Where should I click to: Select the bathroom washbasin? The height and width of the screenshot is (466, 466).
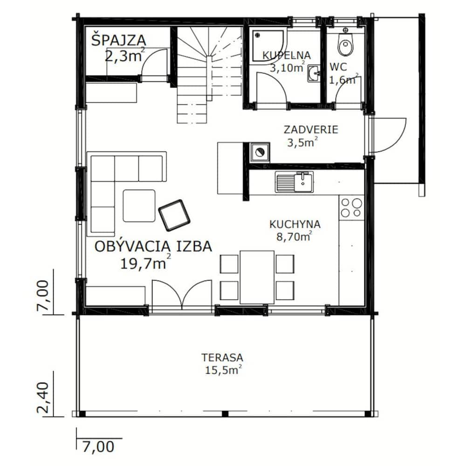(314, 74)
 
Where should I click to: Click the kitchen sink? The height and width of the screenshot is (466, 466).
(294, 182)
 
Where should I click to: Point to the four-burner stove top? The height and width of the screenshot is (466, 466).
(351, 207)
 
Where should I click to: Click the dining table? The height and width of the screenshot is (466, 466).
(257, 277)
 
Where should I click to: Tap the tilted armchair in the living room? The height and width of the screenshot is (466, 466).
(174, 215)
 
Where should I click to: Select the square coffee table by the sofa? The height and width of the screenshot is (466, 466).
(139, 206)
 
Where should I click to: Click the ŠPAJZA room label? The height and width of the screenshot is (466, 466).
(118, 41)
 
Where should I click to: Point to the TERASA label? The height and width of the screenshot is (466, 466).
(222, 357)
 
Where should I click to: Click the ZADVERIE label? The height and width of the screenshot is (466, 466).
(311, 130)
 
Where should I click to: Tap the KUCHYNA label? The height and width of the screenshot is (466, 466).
(295, 224)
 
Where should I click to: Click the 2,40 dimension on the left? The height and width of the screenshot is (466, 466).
(43, 398)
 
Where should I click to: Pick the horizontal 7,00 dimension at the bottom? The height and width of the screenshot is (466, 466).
(98, 447)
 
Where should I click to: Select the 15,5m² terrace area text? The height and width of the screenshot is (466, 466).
(223, 370)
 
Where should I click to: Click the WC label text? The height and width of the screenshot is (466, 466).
(338, 67)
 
